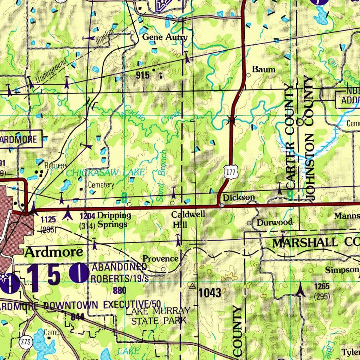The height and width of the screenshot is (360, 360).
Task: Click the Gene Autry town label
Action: tap(165, 37)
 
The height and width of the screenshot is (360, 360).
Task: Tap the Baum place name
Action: tap(264, 69)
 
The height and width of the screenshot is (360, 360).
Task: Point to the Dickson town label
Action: tap(239, 198)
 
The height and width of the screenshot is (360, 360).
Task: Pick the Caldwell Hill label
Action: tap(183, 219)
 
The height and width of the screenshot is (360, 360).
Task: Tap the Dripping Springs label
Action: tap(114, 220)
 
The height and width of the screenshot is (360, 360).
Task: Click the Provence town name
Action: tap(160, 259)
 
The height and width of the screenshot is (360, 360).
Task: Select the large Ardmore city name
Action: tap(54, 252)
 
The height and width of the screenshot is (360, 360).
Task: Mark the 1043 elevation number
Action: tap(210, 292)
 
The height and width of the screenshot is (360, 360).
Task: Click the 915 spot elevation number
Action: tap(142, 75)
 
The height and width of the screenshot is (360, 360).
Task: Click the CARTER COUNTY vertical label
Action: tap(289, 137)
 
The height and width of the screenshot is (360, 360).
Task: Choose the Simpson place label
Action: tap(342, 270)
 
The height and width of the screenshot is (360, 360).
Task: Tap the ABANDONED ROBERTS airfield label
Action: tap(119, 273)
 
